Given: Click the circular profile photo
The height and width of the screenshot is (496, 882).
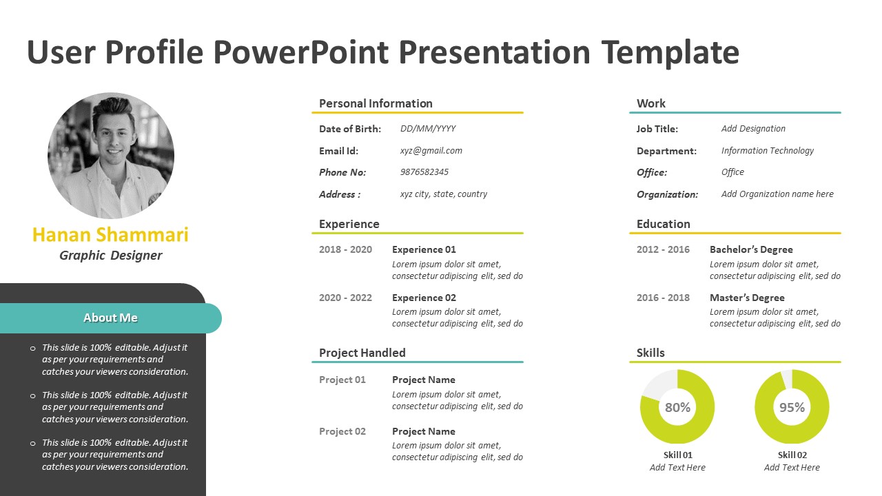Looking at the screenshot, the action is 111,156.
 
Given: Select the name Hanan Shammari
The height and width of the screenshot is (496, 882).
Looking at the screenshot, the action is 110,235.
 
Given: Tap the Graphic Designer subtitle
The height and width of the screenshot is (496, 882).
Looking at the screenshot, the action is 111,256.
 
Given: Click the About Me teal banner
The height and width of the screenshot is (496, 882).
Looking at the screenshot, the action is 111,318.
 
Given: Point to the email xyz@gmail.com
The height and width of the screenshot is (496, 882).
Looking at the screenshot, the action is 431,151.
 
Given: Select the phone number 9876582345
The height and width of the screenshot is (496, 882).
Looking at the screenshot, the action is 424,172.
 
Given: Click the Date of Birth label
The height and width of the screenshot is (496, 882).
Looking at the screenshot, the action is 350,129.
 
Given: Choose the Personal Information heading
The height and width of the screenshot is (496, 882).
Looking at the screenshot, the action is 376,103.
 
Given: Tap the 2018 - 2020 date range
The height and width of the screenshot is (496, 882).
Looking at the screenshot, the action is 345,249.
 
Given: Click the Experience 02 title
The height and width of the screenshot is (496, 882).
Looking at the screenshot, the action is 424,298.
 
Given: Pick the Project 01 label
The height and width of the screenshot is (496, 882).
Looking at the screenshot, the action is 342,380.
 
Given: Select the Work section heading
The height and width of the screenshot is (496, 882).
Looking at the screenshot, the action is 651,103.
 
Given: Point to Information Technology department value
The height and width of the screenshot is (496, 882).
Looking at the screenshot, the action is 768,151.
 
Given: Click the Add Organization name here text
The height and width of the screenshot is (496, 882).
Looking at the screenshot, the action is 777,194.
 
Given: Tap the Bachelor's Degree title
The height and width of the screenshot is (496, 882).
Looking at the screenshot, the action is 751,249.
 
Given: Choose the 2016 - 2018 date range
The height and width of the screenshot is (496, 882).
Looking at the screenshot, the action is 663,298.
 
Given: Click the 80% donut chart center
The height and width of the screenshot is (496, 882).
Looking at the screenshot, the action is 677,407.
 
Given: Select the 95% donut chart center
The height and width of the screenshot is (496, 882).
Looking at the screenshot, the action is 792,407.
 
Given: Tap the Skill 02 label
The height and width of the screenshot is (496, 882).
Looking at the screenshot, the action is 792,455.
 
